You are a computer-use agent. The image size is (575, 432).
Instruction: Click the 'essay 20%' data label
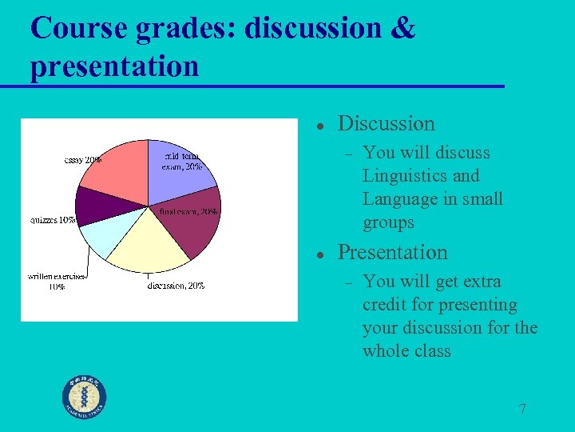[x=82, y=160]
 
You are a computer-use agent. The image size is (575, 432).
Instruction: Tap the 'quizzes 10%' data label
[x=53, y=220]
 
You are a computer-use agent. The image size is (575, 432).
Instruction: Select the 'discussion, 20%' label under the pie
[x=176, y=286]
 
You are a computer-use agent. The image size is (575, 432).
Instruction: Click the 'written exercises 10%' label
[x=57, y=281]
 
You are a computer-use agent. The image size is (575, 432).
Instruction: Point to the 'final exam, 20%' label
[x=188, y=212]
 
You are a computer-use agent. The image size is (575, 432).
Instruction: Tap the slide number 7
[x=522, y=409]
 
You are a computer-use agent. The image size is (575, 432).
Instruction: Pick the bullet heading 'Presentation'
[x=392, y=252]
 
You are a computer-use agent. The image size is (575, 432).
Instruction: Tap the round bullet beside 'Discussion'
[x=318, y=126]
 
